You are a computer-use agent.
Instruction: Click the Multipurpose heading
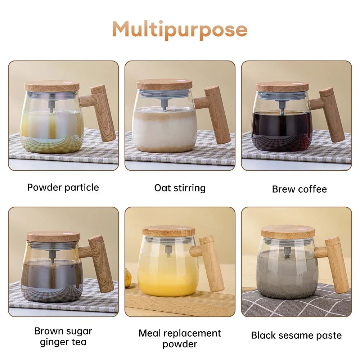click(x=180, y=29)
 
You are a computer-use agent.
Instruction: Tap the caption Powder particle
click(x=63, y=188)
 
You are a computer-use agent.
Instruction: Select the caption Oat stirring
click(x=180, y=188)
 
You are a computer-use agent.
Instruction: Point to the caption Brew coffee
click(x=299, y=189)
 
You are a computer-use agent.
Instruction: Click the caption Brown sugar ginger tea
click(x=63, y=336)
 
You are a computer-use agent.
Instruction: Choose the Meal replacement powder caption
click(x=180, y=338)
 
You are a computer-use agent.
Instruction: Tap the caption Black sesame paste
click(x=296, y=336)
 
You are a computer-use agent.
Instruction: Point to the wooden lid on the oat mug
click(x=164, y=85)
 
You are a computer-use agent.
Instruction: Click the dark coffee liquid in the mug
click(x=282, y=130)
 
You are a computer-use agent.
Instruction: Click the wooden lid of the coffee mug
click(x=282, y=86)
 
